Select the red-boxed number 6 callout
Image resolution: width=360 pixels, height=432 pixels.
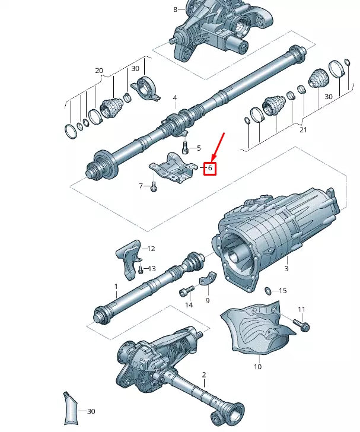click(x=209, y=169)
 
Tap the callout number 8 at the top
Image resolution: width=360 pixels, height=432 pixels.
click(x=175, y=9)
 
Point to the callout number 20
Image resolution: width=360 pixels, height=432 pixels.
click(x=99, y=71)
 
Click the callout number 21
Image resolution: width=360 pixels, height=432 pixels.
click(x=303, y=130)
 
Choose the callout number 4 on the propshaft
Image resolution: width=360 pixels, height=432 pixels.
click(x=175, y=97)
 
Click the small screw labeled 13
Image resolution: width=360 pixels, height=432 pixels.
click(x=141, y=271)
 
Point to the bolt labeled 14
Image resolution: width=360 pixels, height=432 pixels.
click(x=187, y=291)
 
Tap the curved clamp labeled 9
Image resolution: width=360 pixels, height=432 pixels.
click(x=207, y=281)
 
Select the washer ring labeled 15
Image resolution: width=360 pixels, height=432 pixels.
click(x=267, y=291)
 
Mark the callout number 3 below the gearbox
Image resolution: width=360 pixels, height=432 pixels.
click(x=286, y=269)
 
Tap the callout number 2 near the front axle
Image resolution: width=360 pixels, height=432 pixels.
click(x=203, y=374)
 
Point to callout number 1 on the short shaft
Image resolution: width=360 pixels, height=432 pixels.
click(x=116, y=286)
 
